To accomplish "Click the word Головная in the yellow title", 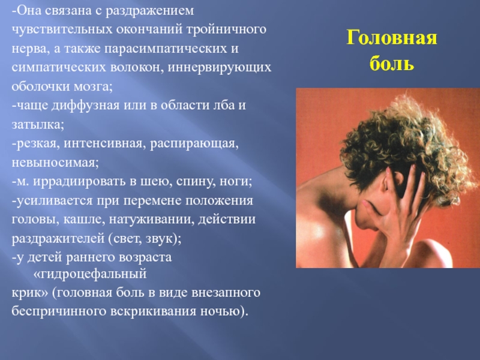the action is tap(392, 38).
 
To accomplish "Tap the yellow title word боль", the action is tap(392, 64).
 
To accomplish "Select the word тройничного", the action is tap(226, 29).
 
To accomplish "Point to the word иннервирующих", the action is tap(219, 68).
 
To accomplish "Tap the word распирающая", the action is tap(194, 144).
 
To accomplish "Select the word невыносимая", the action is tap(55, 163).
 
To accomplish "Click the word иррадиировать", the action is tap(80, 182).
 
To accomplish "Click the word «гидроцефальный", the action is tap(89, 274).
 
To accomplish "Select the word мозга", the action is tap(93, 87).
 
